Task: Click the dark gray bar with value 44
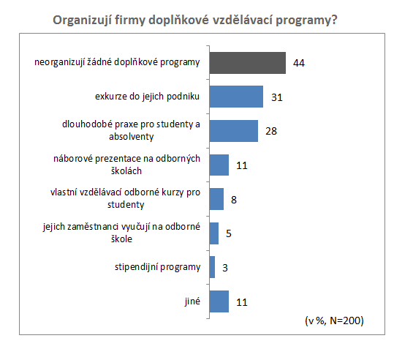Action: click(x=248, y=63)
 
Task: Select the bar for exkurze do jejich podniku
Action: click(x=236, y=97)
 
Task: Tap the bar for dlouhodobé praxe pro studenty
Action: click(x=234, y=131)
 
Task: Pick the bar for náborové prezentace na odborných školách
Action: click(x=219, y=165)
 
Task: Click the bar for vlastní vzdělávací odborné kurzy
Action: click(x=216, y=199)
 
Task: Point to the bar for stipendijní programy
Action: click(x=212, y=267)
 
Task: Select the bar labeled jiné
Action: click(x=219, y=301)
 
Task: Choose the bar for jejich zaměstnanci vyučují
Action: click(x=214, y=233)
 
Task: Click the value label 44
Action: click(x=299, y=63)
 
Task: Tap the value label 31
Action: click(x=277, y=97)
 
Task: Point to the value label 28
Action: click(x=271, y=131)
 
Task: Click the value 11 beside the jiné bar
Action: click(x=242, y=302)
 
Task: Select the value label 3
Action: click(x=225, y=268)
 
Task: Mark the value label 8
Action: click(x=234, y=200)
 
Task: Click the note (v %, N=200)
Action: click(x=334, y=320)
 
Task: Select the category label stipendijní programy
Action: click(x=157, y=267)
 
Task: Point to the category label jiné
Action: click(x=192, y=301)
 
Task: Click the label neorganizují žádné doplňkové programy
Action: click(x=117, y=62)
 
